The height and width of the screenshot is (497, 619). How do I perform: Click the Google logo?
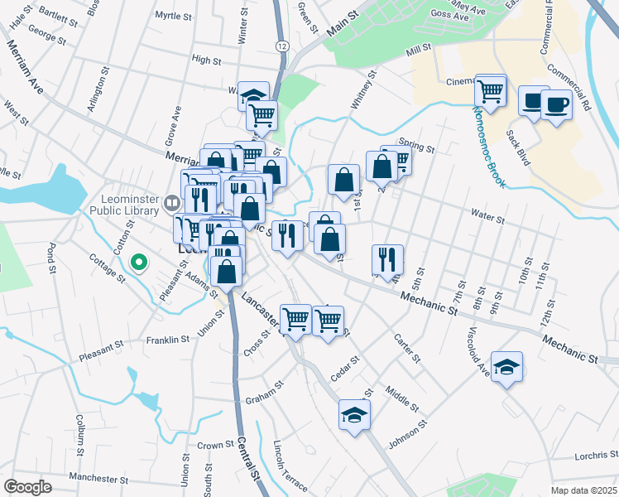(x=28, y=487)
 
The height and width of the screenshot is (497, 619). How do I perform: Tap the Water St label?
(x=487, y=218)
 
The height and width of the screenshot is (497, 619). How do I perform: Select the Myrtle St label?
(x=172, y=16)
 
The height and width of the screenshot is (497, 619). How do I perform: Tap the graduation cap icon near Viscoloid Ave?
(x=506, y=367)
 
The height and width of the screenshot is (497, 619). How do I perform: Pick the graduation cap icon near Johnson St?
(x=354, y=413)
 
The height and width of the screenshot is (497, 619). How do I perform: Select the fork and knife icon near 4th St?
(x=386, y=259)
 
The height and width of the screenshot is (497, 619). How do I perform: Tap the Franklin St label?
(x=168, y=340)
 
